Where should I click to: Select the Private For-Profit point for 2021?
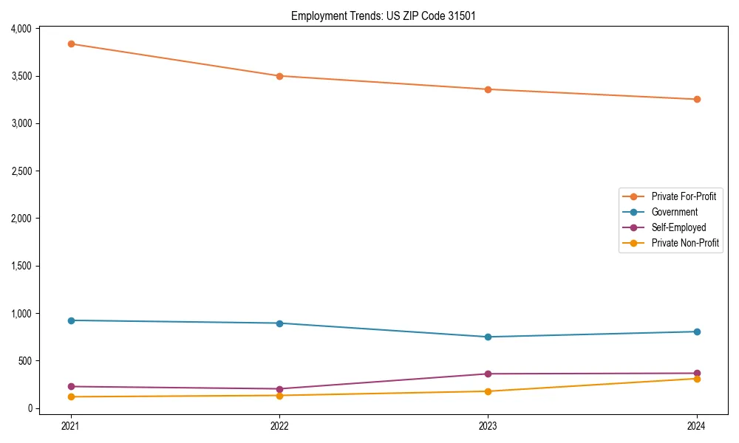point(71,44)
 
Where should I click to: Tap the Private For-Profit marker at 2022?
point(279,76)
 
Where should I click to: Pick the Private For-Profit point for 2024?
point(697,99)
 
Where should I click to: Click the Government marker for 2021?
point(71,320)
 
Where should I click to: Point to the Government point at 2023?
point(488,337)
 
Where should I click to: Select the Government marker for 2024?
point(697,332)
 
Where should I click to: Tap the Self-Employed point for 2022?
point(279,389)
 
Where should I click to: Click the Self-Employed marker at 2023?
point(488,374)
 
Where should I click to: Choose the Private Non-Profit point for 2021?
point(71,396)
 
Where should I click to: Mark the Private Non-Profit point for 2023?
point(488,391)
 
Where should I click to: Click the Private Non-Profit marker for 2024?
point(697,379)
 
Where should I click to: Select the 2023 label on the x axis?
point(488,426)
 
